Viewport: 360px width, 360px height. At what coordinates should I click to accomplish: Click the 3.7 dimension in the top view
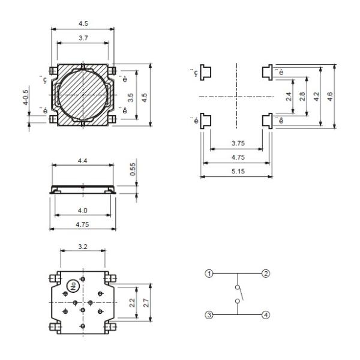click(x=83, y=38)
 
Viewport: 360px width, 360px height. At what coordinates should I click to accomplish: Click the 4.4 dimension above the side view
click(x=83, y=160)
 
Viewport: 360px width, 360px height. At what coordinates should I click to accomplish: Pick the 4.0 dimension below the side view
click(x=83, y=211)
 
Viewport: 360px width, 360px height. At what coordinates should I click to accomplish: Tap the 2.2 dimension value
click(x=132, y=296)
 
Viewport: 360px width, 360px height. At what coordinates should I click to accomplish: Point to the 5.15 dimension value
click(x=236, y=171)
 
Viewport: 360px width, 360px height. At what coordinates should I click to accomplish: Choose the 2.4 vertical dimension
click(x=290, y=96)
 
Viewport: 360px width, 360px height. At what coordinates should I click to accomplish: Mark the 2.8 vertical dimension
click(x=302, y=96)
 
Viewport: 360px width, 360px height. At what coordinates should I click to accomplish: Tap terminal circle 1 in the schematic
click(x=209, y=274)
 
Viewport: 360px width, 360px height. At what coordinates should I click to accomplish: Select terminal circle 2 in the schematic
click(x=265, y=274)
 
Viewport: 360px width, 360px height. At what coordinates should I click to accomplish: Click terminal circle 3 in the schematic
click(x=209, y=314)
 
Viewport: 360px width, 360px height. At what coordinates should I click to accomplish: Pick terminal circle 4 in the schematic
click(x=265, y=314)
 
